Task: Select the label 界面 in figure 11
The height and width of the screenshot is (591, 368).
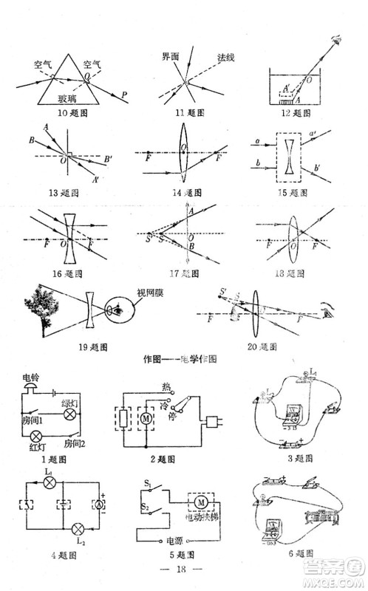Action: [x=171, y=57]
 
